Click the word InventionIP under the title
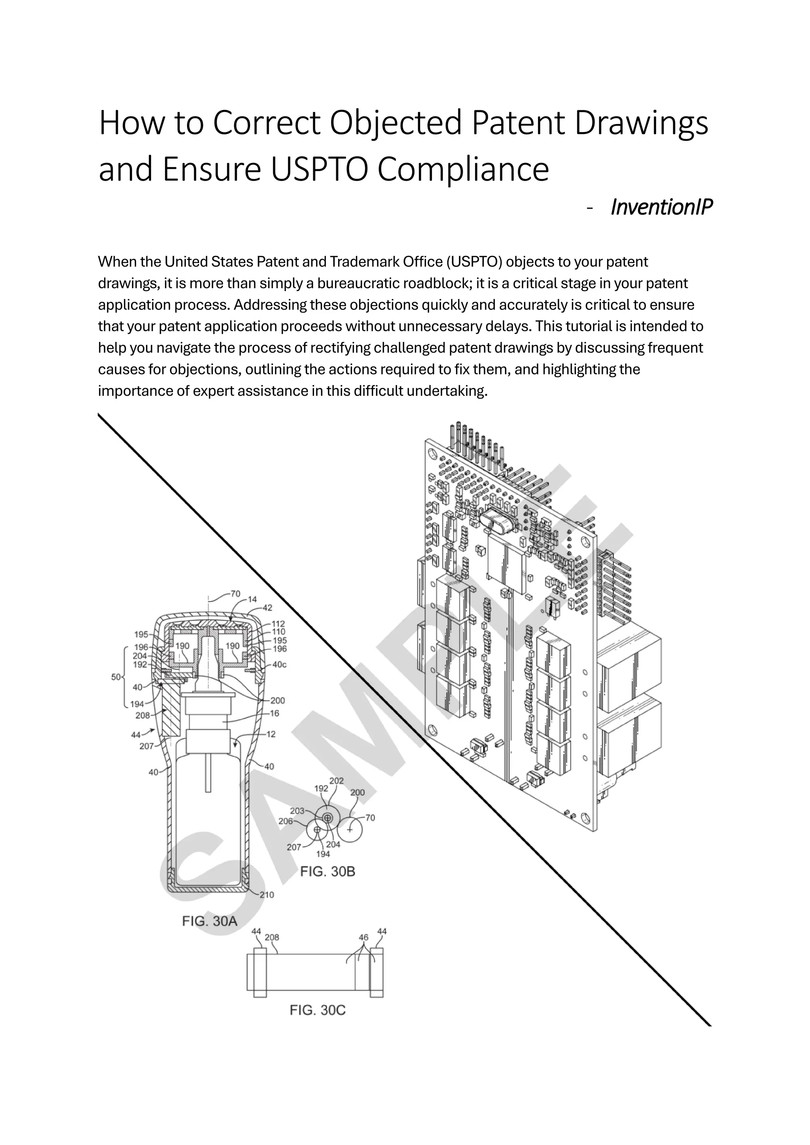click(661, 206)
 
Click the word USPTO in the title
click(319, 170)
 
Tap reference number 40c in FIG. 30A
click(279, 664)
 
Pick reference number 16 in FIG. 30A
click(274, 713)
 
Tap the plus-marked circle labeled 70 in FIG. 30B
click(350, 829)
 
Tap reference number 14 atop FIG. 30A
click(252, 600)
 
